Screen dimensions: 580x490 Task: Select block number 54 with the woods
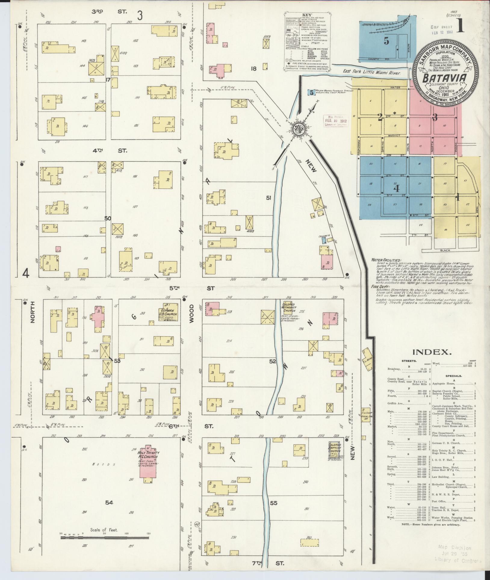(109, 502)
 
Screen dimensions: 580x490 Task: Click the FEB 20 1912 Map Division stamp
(336, 121)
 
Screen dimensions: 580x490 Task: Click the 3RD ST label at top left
(110, 12)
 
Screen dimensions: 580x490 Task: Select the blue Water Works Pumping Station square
(311, 92)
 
